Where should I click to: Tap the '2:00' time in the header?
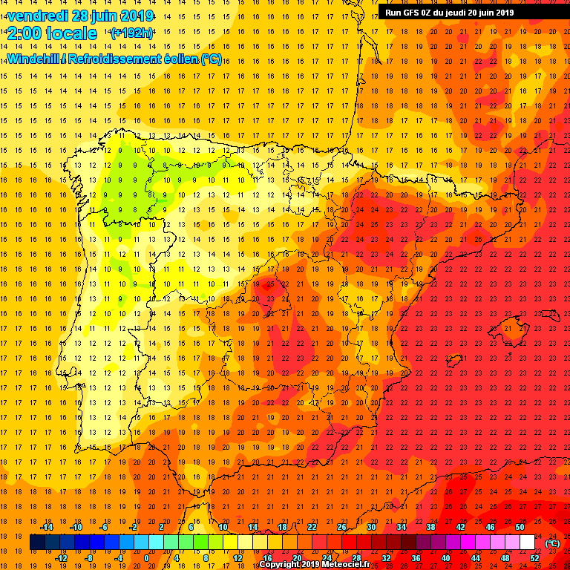(x=24, y=33)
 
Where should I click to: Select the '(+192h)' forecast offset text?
(x=132, y=33)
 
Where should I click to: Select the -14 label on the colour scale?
(x=46, y=527)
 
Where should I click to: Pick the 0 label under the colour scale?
(x=147, y=558)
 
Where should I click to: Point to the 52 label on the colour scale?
(x=535, y=558)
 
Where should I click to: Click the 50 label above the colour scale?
(x=520, y=527)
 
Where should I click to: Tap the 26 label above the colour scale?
(x=342, y=527)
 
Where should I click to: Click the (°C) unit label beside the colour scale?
(x=553, y=543)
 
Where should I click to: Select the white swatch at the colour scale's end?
(x=527, y=543)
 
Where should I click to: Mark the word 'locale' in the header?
(x=71, y=33)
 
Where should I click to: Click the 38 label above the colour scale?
(x=430, y=527)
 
